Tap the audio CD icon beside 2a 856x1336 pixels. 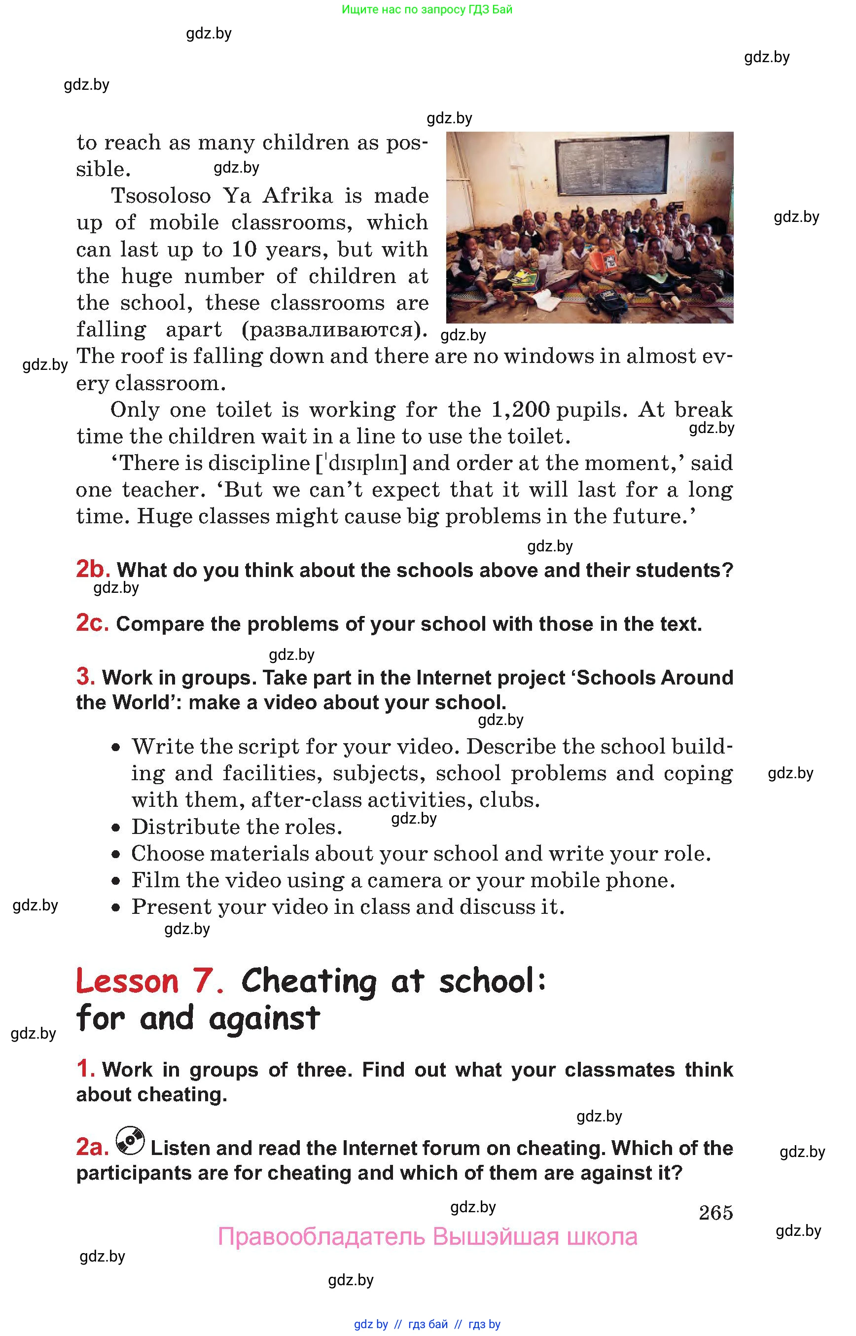click(130, 1141)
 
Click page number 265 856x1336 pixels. click(715, 1212)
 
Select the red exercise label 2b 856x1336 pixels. click(93, 569)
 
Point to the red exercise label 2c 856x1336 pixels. click(92, 623)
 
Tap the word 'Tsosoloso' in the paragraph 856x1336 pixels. click(161, 196)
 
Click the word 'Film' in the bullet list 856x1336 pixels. click(154, 880)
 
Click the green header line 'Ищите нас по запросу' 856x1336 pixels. click(427, 9)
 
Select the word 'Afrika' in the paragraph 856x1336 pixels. click(297, 196)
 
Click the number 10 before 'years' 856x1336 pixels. click(244, 249)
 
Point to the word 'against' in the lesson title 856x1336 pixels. click(264, 1018)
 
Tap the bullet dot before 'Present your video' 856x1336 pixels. click(115, 908)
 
